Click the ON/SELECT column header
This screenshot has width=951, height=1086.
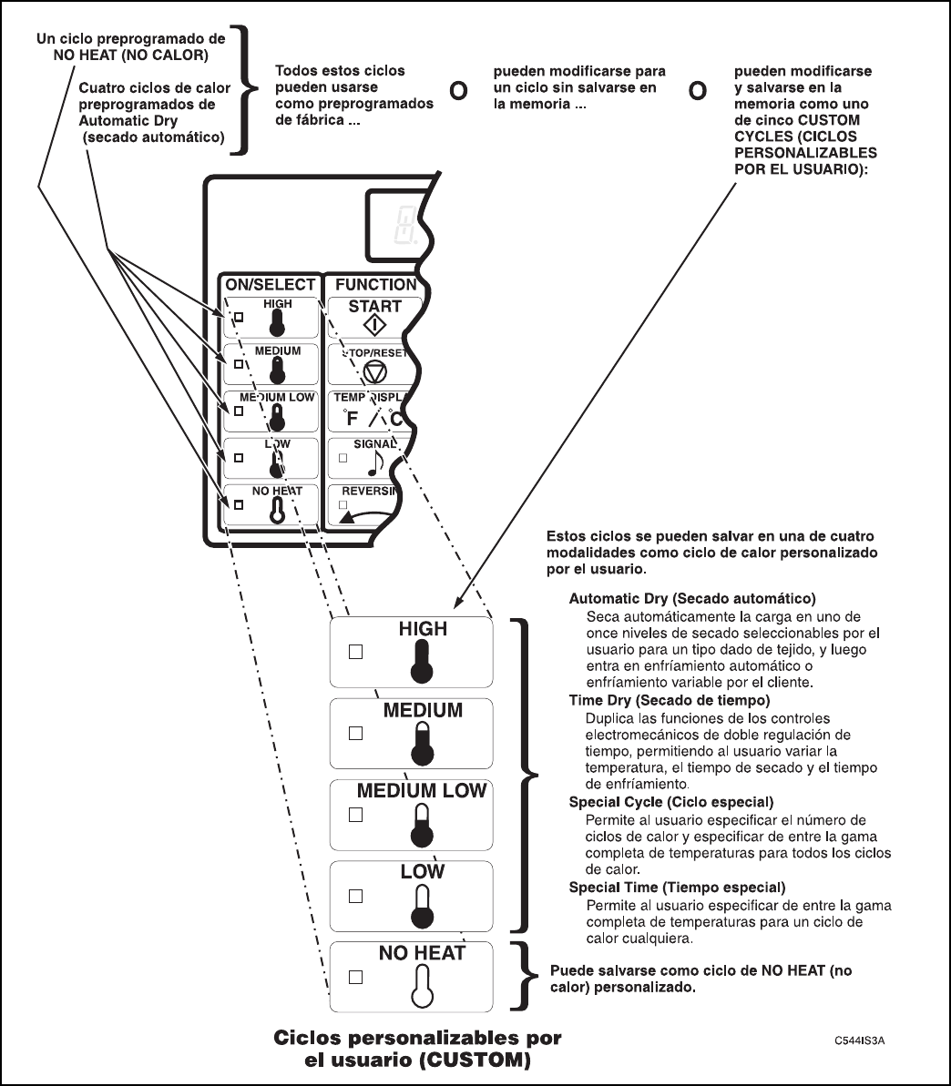271,285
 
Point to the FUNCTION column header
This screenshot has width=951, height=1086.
374,285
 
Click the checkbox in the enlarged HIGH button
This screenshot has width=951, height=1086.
356,652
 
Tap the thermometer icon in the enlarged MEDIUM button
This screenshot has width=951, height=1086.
422,744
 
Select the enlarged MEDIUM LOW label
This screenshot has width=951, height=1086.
422,791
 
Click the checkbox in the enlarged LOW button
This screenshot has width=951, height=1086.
356,896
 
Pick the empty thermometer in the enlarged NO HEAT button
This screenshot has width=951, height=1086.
421,987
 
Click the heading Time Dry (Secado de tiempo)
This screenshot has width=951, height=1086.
670,701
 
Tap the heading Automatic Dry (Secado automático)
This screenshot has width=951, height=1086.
691,599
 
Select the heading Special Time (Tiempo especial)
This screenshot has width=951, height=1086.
677,887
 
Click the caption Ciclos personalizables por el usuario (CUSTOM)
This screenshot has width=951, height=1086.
418,1050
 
